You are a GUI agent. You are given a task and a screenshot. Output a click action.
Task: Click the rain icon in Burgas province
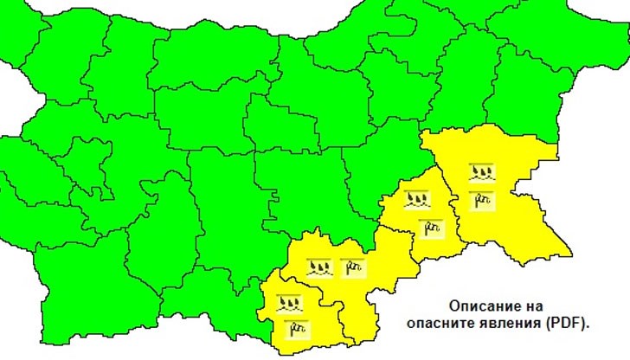click(x=481, y=172)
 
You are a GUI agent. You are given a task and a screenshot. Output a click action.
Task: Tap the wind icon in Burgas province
click(x=481, y=201)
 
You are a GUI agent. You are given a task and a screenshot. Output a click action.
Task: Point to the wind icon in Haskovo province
click(x=351, y=267)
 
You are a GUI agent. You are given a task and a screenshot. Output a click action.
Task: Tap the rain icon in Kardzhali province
click(x=288, y=304)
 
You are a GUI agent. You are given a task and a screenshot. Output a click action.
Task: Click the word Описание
click(x=482, y=306)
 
